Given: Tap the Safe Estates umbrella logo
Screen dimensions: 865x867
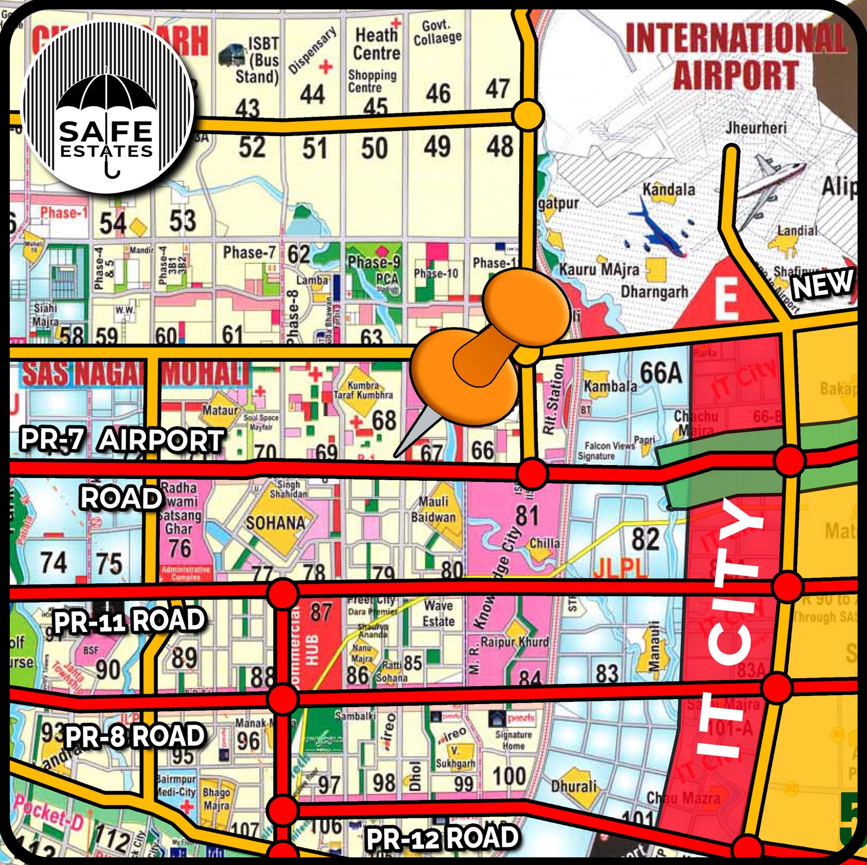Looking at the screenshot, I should pyautogui.click(x=108, y=107).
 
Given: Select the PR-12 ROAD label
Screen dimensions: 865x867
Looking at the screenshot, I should pyautogui.click(x=442, y=838).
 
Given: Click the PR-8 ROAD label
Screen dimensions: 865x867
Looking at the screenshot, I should pyautogui.click(x=135, y=736).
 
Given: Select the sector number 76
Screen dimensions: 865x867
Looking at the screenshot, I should pyautogui.click(x=180, y=548).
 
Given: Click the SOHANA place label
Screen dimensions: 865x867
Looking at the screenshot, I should pyautogui.click(x=275, y=523).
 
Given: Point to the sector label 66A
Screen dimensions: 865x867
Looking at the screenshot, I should pyautogui.click(x=661, y=373).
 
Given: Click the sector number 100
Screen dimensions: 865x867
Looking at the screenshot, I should pyautogui.click(x=508, y=776).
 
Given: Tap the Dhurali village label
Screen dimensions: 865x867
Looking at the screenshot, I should pyautogui.click(x=574, y=785).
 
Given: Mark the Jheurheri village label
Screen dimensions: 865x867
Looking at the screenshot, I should pyautogui.click(x=755, y=128).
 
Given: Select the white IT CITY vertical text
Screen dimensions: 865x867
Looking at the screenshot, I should pyautogui.click(x=729, y=629).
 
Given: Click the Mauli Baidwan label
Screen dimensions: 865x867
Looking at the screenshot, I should pyautogui.click(x=433, y=509).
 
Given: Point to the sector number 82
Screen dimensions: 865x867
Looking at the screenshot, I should pyautogui.click(x=645, y=539).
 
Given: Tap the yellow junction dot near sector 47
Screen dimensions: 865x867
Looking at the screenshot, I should pyautogui.click(x=527, y=114).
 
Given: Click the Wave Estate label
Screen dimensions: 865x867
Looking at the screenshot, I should pyautogui.click(x=438, y=613).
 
